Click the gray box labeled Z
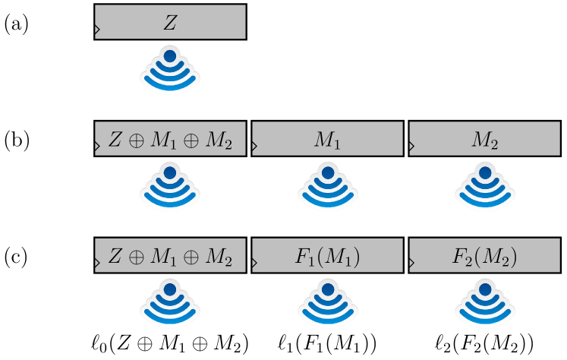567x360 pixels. (170, 22)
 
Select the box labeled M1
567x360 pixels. (327, 139)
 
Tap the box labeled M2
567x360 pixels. (484, 139)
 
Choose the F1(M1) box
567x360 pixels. (327, 256)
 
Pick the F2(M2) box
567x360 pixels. (484, 256)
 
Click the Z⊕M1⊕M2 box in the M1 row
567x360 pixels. (170, 139)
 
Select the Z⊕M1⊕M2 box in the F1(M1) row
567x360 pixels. (170, 256)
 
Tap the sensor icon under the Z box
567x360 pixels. (170, 71)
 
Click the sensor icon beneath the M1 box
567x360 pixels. (327, 188)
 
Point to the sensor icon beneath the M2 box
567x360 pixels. (484, 188)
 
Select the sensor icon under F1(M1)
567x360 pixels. (327, 304)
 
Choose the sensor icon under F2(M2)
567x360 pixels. (484, 304)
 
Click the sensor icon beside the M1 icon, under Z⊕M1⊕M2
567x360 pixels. (170, 188)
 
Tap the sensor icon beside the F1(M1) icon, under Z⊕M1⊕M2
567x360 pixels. (170, 304)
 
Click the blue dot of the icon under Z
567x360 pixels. (170, 56)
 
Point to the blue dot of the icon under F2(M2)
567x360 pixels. (484, 289)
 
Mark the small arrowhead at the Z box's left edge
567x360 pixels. (97, 31)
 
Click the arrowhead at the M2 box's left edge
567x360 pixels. (412, 148)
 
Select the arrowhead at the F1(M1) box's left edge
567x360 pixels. (254, 265)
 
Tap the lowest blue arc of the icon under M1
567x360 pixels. (327, 203)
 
